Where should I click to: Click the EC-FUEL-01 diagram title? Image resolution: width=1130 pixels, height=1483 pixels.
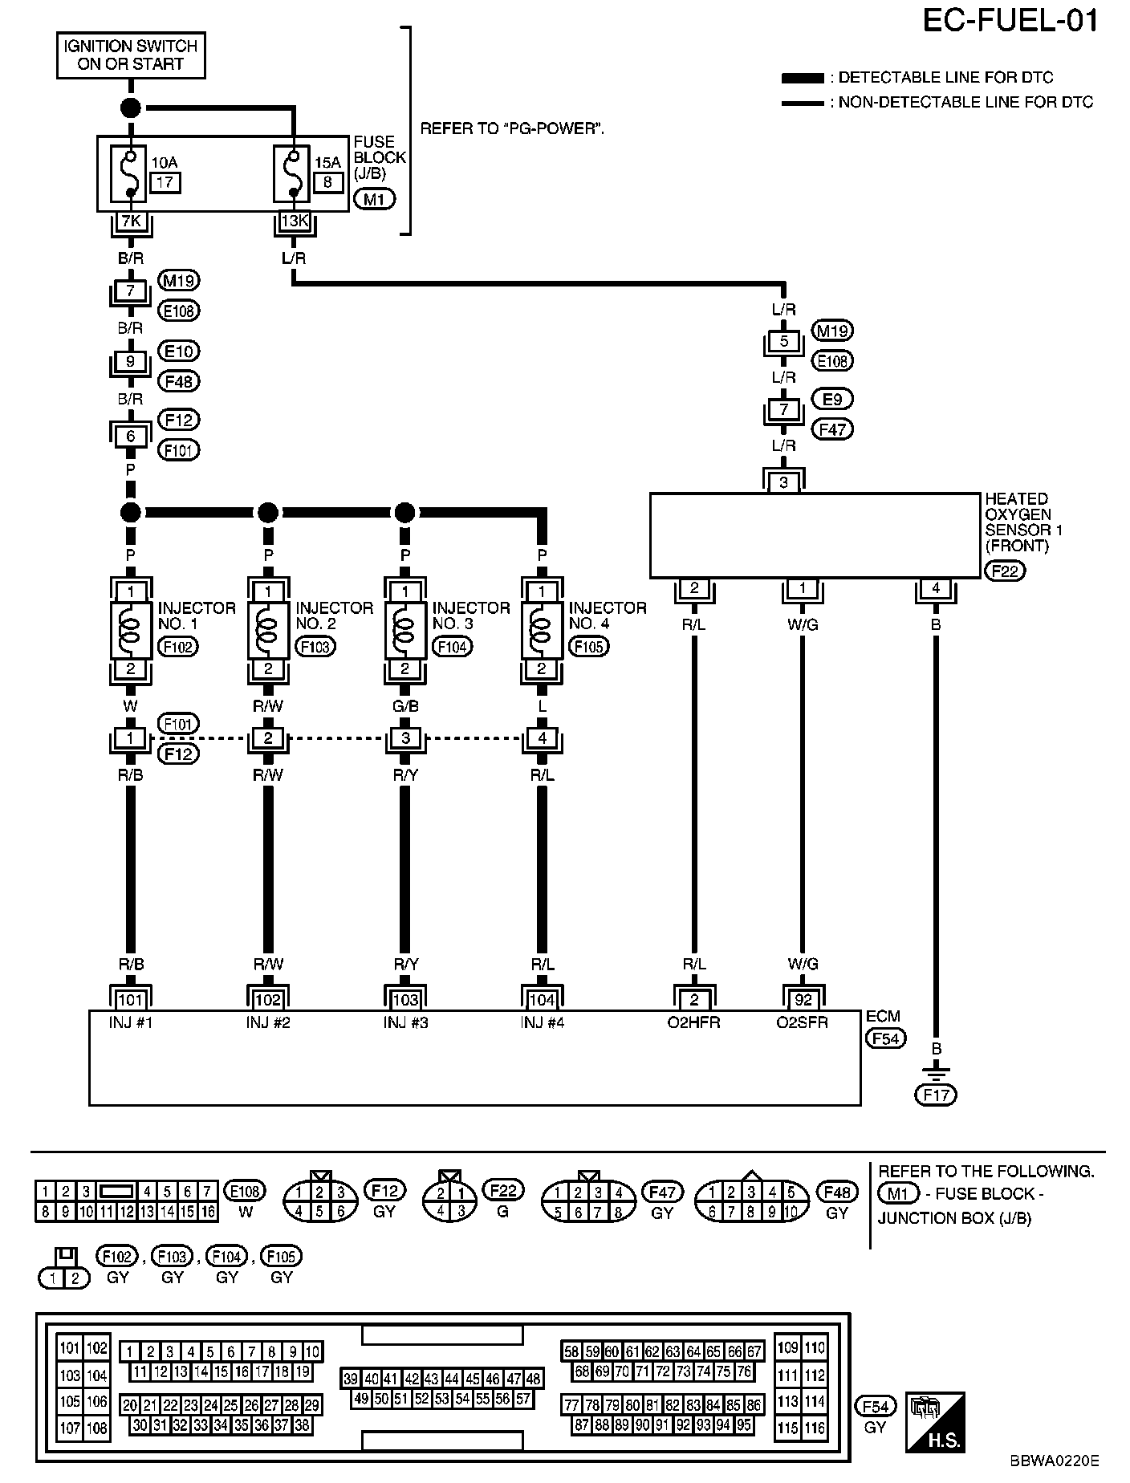pyautogui.click(x=1010, y=22)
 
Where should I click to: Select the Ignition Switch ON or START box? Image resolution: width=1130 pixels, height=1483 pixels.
pyautogui.click(x=131, y=55)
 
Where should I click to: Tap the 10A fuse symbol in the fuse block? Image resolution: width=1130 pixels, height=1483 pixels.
pyautogui.click(x=131, y=173)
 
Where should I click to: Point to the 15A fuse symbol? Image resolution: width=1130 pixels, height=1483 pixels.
pyautogui.click(x=294, y=173)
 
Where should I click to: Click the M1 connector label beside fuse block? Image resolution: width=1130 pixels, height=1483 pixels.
pyautogui.click(x=374, y=199)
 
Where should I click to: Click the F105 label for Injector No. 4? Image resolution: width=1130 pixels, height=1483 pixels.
pyautogui.click(x=588, y=647)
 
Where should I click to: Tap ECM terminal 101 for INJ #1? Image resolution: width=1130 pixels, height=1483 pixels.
pyautogui.click(x=131, y=1000)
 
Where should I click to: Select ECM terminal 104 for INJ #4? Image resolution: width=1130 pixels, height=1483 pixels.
pyautogui.click(x=543, y=1000)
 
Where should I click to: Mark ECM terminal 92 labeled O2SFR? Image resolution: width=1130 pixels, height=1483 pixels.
pyautogui.click(x=803, y=1000)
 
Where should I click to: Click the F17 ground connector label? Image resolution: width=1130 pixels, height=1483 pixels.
pyautogui.click(x=936, y=1095)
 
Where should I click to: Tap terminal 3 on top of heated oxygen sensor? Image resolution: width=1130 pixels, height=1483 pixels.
pyautogui.click(x=784, y=482)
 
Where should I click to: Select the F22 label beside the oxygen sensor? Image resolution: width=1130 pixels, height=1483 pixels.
pyautogui.click(x=1004, y=571)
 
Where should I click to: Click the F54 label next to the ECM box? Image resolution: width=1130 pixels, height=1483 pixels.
pyautogui.click(x=885, y=1038)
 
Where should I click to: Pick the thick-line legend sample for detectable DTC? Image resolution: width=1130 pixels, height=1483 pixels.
pyautogui.click(x=803, y=79)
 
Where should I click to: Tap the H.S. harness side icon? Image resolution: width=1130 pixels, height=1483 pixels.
pyautogui.click(x=934, y=1422)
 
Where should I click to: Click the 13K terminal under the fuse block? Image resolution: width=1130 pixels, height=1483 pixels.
pyautogui.click(x=294, y=221)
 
